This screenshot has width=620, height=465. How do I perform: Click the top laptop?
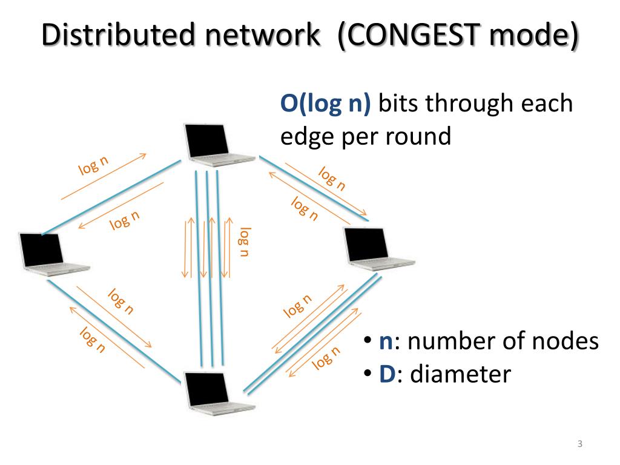[x=219, y=144]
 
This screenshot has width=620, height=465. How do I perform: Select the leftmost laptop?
[x=54, y=254]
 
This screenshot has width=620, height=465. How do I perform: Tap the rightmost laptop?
[x=379, y=249]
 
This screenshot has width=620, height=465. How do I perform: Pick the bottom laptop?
[x=220, y=394]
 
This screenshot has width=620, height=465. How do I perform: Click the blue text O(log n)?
[x=325, y=104]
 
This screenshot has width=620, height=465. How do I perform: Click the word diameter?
[x=461, y=374]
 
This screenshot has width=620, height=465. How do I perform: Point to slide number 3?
[x=579, y=444]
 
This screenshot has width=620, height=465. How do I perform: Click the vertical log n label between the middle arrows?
[x=245, y=242]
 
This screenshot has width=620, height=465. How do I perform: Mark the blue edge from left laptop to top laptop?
[x=111, y=197]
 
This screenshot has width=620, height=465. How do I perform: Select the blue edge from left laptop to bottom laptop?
[x=114, y=331]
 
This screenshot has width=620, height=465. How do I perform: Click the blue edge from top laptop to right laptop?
[x=314, y=189]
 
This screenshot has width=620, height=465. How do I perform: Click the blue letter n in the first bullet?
[x=386, y=342]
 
